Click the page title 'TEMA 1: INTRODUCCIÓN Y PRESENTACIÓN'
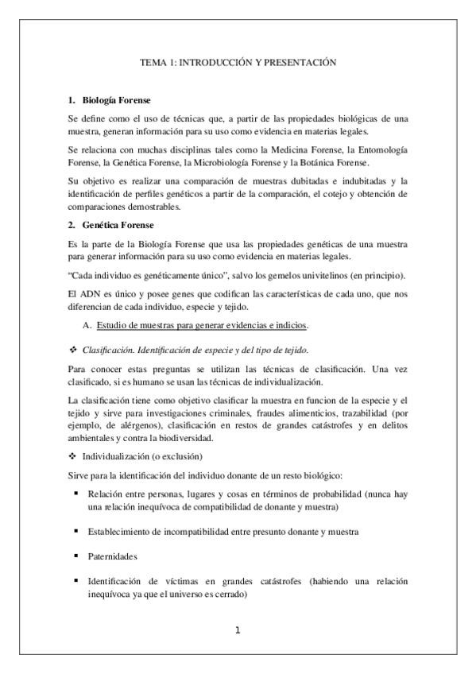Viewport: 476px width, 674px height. (238, 61)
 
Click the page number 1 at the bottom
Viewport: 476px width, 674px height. (238, 632)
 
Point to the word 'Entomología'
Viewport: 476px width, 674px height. (382, 149)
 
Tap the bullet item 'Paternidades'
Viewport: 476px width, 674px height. (113, 556)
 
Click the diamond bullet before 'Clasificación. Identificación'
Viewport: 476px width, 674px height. (72, 350)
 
